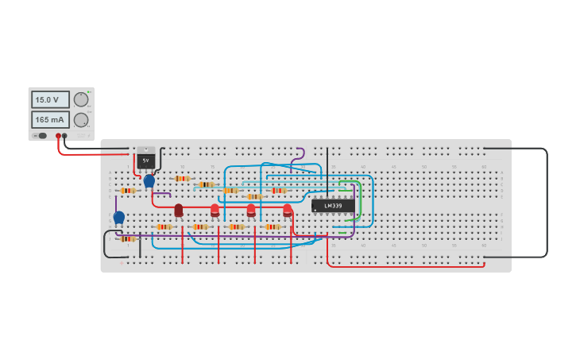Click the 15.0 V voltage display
[x=50, y=99]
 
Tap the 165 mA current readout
[x=50, y=119]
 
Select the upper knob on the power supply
[x=81, y=99]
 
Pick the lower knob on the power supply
[x=81, y=119]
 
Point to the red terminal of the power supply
[x=58, y=136]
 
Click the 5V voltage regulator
[x=146, y=159]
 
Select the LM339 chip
[x=333, y=206]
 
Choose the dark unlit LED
[x=179, y=210]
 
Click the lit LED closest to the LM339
[x=288, y=210]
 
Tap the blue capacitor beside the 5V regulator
[x=149, y=181]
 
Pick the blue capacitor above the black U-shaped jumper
[x=119, y=217]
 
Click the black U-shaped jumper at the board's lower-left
[x=106, y=246]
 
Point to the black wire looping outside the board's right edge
[x=547, y=203]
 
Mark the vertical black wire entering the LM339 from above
[x=327, y=171]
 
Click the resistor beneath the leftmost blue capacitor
[x=127, y=238]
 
